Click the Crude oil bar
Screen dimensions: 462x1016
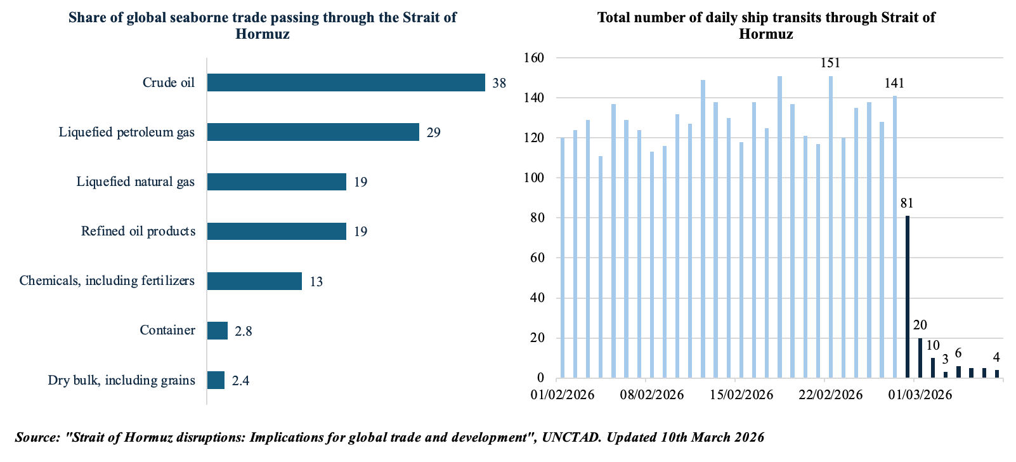[x=346, y=82]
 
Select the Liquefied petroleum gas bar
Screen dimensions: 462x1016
[x=313, y=132]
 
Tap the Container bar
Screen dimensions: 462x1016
[x=217, y=331]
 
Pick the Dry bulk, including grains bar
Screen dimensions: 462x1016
[x=216, y=380]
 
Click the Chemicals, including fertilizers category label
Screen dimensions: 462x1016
[x=107, y=280]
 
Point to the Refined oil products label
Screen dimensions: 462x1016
[x=138, y=231]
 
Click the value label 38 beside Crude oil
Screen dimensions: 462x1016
[x=499, y=83]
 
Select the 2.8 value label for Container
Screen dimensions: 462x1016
[x=243, y=331]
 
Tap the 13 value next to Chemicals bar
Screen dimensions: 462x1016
[x=316, y=282]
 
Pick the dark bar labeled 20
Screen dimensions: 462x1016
[x=920, y=358]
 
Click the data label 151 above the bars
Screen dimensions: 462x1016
[x=830, y=63]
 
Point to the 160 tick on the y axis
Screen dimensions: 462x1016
[x=534, y=58]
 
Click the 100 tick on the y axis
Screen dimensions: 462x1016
[x=534, y=178]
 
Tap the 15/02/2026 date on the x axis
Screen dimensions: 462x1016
[x=741, y=395]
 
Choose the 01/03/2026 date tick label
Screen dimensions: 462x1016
[x=920, y=395]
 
